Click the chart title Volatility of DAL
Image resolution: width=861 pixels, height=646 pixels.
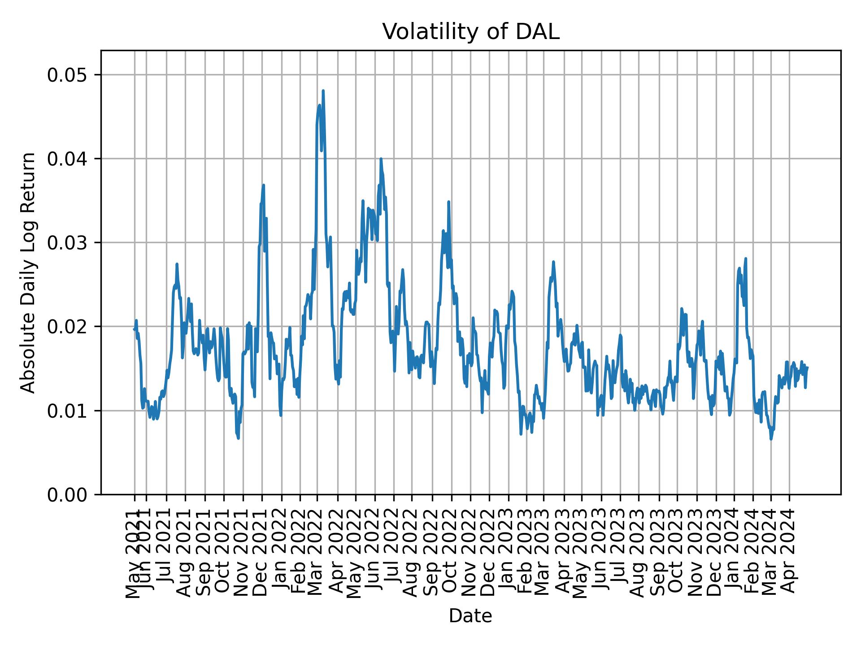pos(470,32)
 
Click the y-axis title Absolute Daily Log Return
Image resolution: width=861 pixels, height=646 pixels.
pos(29,272)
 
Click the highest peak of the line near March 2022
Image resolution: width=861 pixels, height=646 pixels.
pos(323,91)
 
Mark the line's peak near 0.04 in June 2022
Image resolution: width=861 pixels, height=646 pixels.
pos(381,159)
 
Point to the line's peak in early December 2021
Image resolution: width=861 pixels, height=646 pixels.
pos(264,185)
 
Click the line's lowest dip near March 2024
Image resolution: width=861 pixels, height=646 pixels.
pos(771,439)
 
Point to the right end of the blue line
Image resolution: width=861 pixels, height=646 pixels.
pos(807,367)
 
